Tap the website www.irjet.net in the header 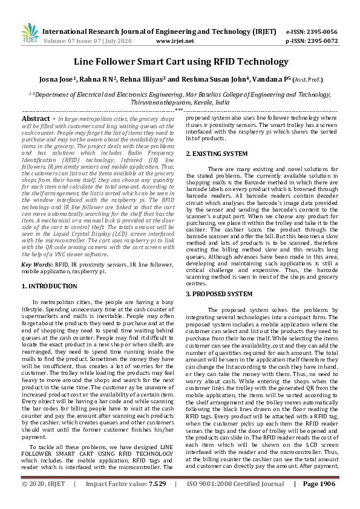click(175, 42)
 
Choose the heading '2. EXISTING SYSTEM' click(216, 154)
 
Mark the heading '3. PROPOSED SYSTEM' click(218, 293)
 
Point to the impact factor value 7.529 click(157, 501)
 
